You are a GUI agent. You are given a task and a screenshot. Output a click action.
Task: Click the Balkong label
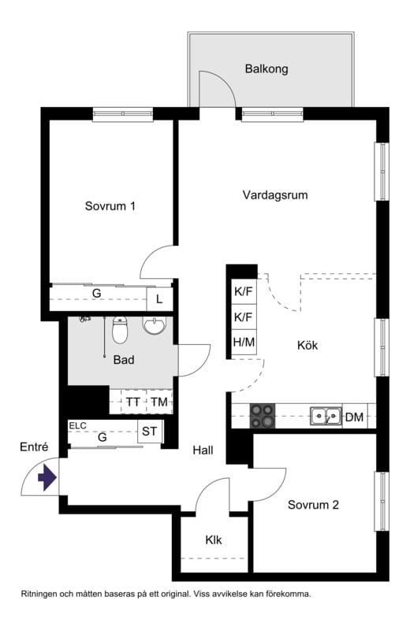click(266, 69)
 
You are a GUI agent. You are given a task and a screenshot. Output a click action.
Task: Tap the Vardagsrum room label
click(274, 195)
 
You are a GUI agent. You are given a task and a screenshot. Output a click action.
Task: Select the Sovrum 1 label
click(110, 206)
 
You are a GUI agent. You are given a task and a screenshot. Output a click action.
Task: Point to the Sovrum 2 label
click(313, 505)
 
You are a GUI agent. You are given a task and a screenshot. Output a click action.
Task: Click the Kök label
click(307, 345)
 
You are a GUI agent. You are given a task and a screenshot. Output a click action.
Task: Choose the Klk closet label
click(214, 540)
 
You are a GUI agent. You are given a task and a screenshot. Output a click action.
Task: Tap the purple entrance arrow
click(47, 476)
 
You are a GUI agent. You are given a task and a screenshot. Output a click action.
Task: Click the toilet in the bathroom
click(120, 331)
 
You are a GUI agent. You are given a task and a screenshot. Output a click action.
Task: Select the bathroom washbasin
click(154, 325)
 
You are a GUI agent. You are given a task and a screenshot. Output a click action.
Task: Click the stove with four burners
click(263, 415)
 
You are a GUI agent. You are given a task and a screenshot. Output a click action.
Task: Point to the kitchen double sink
click(325, 415)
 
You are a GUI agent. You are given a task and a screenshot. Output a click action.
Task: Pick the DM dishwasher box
click(354, 417)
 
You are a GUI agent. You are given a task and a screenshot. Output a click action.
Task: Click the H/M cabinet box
click(243, 343)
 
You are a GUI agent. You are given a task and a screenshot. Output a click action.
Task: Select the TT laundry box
click(133, 402)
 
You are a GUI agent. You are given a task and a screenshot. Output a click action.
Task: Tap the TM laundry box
click(159, 402)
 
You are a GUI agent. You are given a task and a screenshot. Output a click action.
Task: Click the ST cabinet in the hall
click(149, 432)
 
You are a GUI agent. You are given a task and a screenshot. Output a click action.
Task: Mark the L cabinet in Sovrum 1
click(159, 299)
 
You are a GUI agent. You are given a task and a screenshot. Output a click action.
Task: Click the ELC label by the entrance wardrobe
click(77, 425)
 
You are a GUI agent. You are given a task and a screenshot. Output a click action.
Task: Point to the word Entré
click(34, 447)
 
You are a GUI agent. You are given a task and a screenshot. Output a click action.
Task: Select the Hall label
click(204, 450)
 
